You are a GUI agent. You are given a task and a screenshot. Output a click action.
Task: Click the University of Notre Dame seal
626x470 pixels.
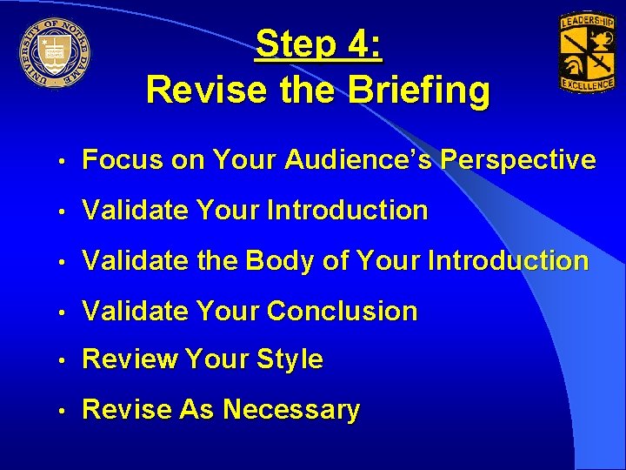[x=57, y=51]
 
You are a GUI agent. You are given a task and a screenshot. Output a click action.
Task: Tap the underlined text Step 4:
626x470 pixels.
[x=319, y=44]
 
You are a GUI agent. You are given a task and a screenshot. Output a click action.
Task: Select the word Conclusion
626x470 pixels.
[x=343, y=311]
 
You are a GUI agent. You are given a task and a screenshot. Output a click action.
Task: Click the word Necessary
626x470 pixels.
[x=291, y=409]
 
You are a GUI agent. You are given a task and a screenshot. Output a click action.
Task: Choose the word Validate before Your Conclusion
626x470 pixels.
[x=135, y=311]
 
